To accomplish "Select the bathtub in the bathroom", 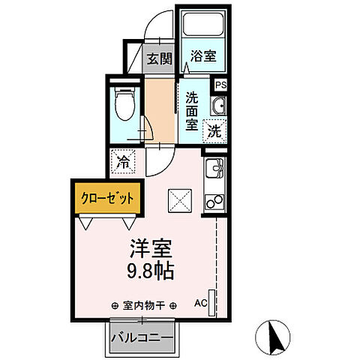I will click(202, 25).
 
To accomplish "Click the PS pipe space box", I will click(220, 85).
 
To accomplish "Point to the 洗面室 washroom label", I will click(192, 111).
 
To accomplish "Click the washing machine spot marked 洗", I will click(214, 129).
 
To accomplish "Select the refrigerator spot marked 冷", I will click(124, 160).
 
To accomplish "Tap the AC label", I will click(200, 304).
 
